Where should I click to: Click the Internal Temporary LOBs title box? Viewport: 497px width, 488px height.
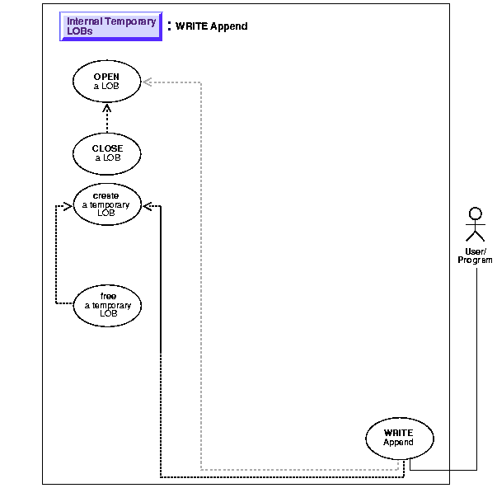[x=110, y=26]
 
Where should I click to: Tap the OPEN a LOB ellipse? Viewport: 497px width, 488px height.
[x=106, y=82]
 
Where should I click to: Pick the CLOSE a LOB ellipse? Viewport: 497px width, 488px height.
[x=107, y=153]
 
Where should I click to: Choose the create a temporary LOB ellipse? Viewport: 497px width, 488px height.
[x=106, y=203]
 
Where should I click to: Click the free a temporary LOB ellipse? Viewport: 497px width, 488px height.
[x=107, y=305]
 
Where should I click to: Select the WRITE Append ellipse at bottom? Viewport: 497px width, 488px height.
[x=399, y=438]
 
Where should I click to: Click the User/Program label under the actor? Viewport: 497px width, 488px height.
[x=475, y=256]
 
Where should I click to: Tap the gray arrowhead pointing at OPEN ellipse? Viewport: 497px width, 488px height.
[x=147, y=82]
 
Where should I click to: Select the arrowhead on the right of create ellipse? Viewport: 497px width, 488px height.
[x=148, y=206]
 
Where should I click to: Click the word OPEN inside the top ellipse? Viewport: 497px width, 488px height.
[x=106, y=77]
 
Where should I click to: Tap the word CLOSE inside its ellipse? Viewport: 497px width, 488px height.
[x=107, y=149]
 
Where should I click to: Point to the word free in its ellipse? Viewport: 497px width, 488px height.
[x=108, y=296]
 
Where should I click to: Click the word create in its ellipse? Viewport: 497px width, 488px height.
[x=106, y=195]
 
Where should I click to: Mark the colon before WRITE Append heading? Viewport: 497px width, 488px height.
[x=169, y=26]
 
